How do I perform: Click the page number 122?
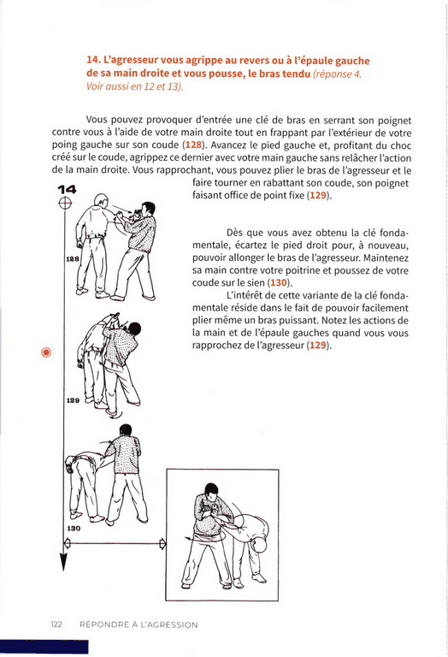pyautogui.click(x=56, y=624)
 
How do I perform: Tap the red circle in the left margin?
pyautogui.click(x=46, y=352)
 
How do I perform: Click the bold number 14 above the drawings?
pyautogui.click(x=67, y=189)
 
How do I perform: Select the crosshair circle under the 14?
pyautogui.click(x=65, y=204)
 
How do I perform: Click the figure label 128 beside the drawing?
pyautogui.click(x=73, y=259)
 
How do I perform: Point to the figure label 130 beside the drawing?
pyautogui.click(x=74, y=529)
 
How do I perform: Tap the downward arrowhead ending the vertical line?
pyautogui.click(x=63, y=562)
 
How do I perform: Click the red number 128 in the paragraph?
pyautogui.click(x=193, y=145)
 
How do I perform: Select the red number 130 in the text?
pyautogui.click(x=279, y=282)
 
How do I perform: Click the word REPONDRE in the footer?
pyautogui.click(x=104, y=624)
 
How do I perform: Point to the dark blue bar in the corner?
pyautogui.click(x=44, y=647)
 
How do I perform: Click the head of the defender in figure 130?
pyautogui.click(x=125, y=430)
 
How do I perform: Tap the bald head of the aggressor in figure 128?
pyautogui.click(x=101, y=200)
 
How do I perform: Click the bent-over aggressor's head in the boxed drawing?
pyautogui.click(x=259, y=546)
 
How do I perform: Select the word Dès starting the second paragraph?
pyautogui.click(x=235, y=233)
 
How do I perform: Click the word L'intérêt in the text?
pyautogui.click(x=245, y=295)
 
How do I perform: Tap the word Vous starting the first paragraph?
pyautogui.click(x=97, y=121)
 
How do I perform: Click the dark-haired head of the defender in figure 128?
pyautogui.click(x=147, y=209)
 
